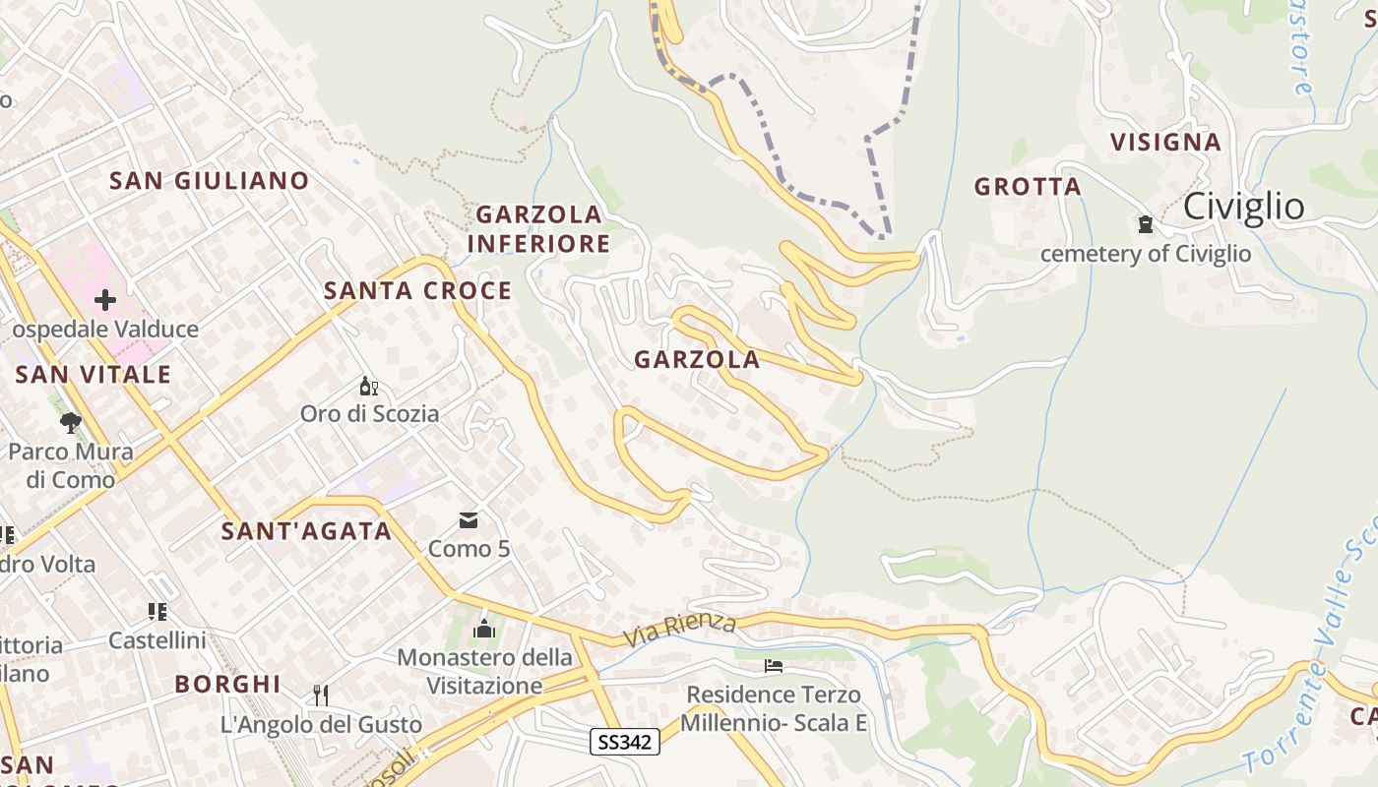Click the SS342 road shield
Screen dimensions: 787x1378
[x=625, y=742]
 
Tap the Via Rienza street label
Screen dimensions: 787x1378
[x=680, y=629]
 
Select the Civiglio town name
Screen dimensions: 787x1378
[x=1243, y=207]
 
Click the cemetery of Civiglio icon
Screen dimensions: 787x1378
[x=1145, y=224]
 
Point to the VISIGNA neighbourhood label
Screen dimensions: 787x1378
[x=1165, y=143]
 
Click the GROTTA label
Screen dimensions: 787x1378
[x=1027, y=187]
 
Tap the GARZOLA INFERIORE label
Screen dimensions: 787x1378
[x=538, y=228]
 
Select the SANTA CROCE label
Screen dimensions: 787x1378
[x=417, y=291]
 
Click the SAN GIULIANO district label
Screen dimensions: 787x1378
[x=209, y=181]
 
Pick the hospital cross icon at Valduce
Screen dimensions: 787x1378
[x=105, y=300]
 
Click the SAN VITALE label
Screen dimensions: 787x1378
[x=94, y=375]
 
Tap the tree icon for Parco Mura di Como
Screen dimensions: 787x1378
[x=70, y=423]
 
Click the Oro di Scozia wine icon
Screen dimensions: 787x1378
[x=369, y=386]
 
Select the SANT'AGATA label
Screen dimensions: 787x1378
[x=306, y=532]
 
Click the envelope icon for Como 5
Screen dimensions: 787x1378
[x=469, y=519]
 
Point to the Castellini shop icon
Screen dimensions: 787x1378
[x=157, y=612]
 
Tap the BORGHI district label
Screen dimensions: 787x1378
[x=227, y=684]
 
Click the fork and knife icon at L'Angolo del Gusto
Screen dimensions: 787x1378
[x=320, y=696]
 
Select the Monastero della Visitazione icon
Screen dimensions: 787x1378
[x=484, y=629]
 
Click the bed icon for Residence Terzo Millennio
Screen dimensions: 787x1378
[x=774, y=666]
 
